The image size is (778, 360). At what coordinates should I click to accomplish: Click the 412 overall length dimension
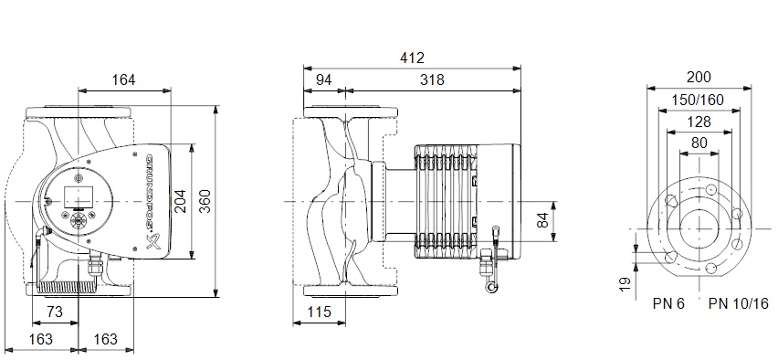[413, 58]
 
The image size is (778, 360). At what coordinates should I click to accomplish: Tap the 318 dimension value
[432, 79]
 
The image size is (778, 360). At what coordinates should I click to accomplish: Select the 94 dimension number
[323, 79]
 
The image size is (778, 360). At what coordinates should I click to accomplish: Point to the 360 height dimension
[205, 201]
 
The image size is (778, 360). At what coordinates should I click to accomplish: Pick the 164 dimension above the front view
[123, 79]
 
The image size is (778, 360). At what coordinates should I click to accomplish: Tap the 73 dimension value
[55, 312]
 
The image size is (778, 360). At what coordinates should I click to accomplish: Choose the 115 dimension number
[319, 312]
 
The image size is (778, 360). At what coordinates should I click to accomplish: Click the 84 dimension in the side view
[544, 221]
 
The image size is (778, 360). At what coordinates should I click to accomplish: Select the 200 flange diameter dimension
[699, 77]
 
